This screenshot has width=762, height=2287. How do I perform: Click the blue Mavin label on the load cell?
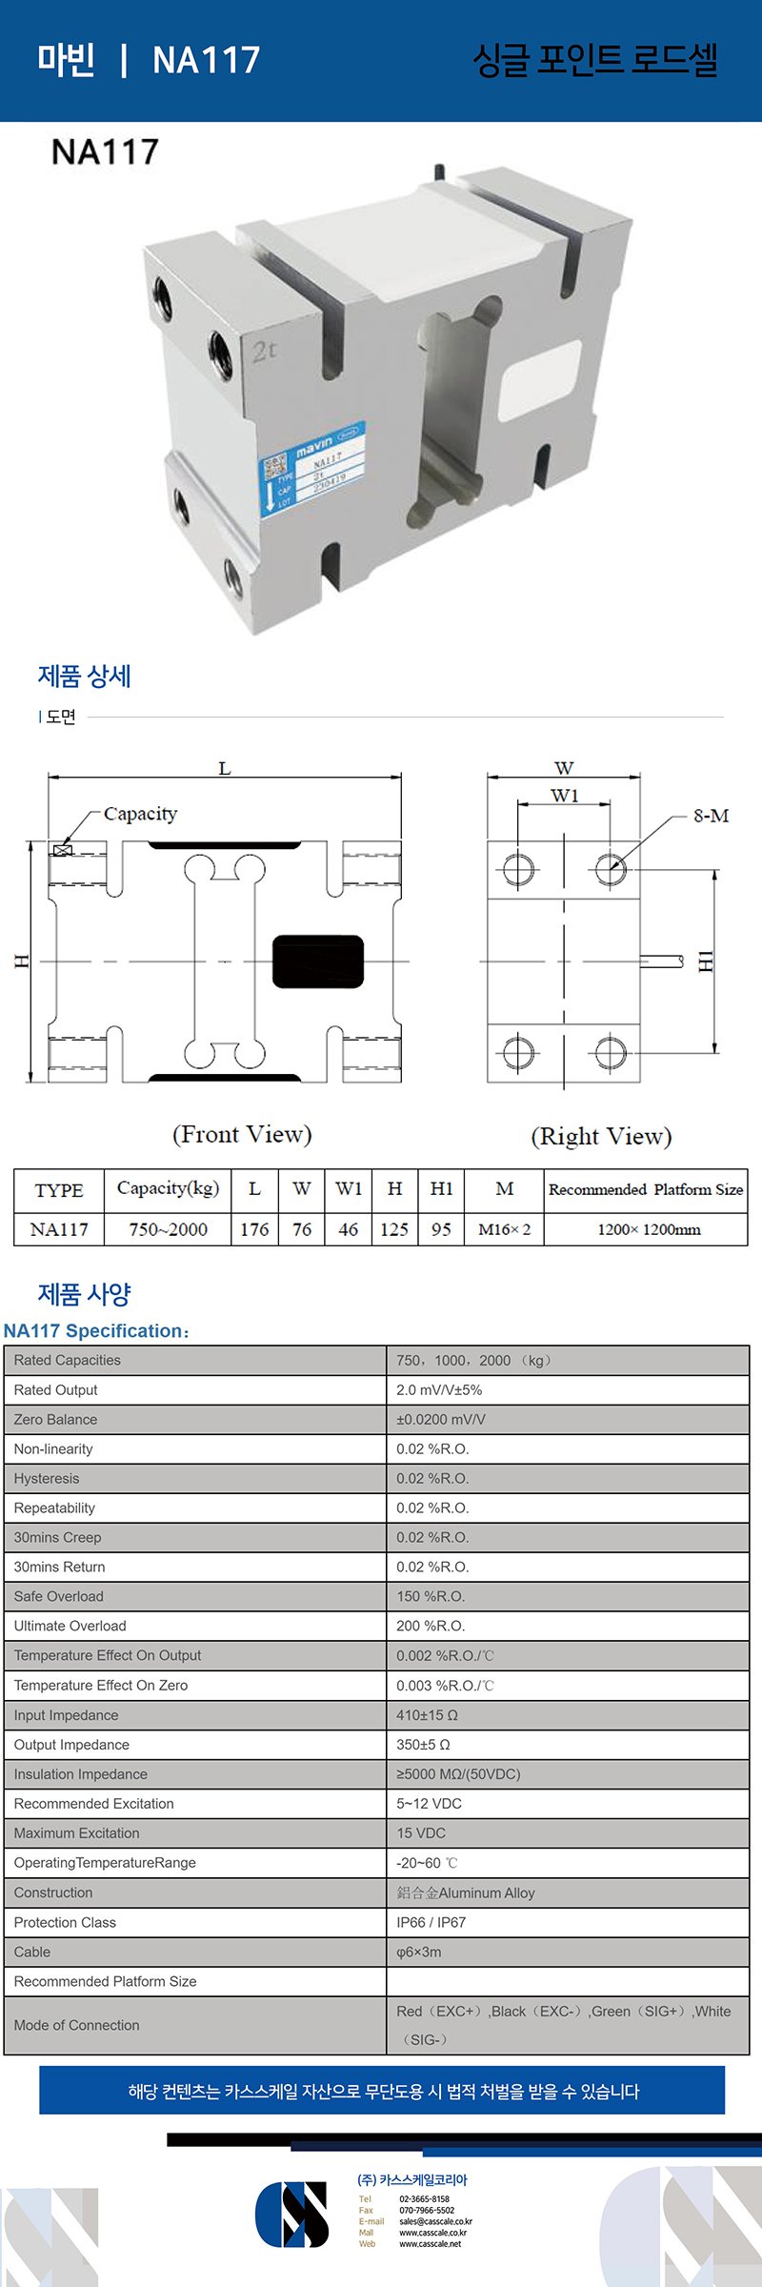click(x=313, y=467)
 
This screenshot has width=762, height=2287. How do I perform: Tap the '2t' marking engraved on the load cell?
click(x=264, y=351)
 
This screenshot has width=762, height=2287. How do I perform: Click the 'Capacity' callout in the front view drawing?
click(x=140, y=814)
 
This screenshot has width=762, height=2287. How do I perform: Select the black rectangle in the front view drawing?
click(x=318, y=961)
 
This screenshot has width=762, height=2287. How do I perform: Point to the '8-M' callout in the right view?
click(x=711, y=816)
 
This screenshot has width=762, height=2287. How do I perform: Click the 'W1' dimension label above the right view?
click(x=564, y=796)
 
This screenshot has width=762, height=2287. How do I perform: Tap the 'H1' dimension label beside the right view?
click(x=705, y=961)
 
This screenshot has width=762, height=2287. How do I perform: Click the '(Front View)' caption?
click(x=242, y=1134)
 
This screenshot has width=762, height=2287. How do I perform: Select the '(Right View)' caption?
click(x=601, y=1136)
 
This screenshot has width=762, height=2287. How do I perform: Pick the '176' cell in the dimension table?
click(x=254, y=1229)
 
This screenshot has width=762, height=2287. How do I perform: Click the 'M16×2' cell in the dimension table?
click(x=504, y=1229)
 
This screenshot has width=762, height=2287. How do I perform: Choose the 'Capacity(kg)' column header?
click(x=168, y=1188)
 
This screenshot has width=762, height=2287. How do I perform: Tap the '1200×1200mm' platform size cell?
click(x=649, y=1229)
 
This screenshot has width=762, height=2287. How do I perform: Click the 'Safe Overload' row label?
click(x=59, y=1596)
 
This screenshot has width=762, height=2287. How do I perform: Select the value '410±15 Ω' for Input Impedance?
click(x=428, y=1714)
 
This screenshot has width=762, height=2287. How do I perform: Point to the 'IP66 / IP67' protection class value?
click(x=431, y=1922)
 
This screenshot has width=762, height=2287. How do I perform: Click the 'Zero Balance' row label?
click(x=55, y=1419)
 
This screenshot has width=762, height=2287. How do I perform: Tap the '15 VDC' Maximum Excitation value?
click(x=421, y=1832)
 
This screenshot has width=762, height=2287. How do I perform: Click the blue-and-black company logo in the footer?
click(x=291, y=2214)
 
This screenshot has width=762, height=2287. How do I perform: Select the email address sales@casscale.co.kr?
click(x=435, y=2221)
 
